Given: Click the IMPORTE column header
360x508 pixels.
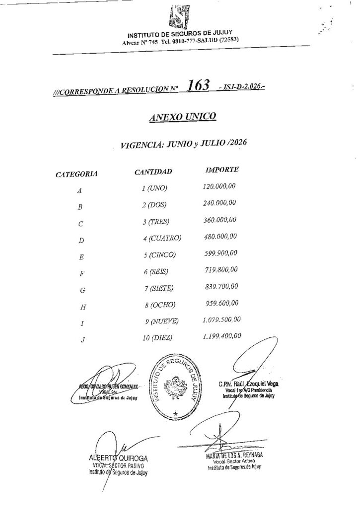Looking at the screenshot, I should pos(222,170).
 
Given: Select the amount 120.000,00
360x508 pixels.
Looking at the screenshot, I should pos(219,187).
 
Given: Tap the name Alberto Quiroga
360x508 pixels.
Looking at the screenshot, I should pos(117,458).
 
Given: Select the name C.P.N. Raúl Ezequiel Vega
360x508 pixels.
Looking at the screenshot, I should pos(248,383).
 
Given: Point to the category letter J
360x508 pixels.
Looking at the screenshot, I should pos(81,341).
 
